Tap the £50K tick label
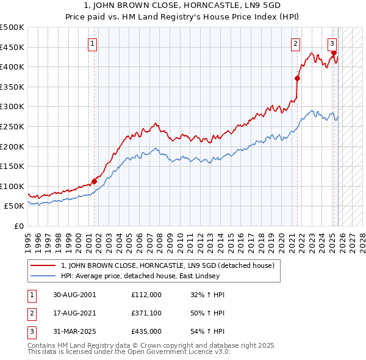[15, 206]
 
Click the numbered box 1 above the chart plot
[92, 43]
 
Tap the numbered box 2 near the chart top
[295, 43]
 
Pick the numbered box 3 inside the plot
[332, 43]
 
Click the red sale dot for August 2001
[95, 181]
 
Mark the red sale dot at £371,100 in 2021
[297, 78]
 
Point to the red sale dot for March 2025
[334, 53]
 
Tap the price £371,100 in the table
[146, 313]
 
